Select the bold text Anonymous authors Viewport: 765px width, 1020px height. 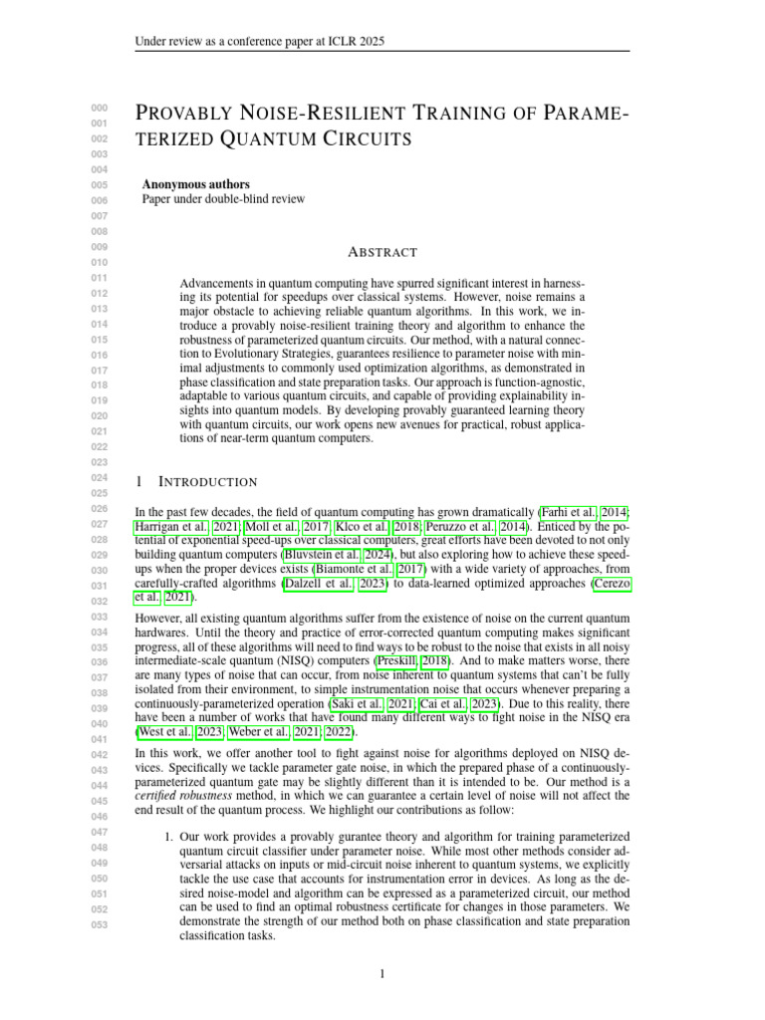196,184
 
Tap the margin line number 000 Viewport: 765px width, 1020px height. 99,108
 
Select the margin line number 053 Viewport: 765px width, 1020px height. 99,923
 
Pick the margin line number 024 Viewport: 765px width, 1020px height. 99,477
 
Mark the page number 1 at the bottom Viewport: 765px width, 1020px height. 382,973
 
